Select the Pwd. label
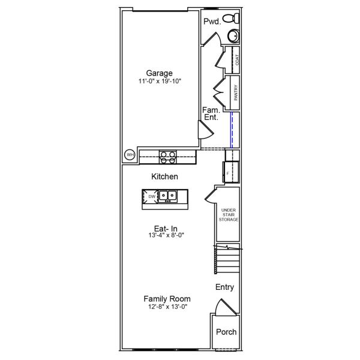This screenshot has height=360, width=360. (211, 22)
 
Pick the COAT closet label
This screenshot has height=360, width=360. (238, 59)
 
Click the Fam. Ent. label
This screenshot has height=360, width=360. (210, 114)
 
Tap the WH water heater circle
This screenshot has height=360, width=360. (130, 155)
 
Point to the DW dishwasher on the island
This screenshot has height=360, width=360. (152, 196)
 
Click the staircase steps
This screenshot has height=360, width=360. (227, 260)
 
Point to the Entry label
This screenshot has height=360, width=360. (224, 287)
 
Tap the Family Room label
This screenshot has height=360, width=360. (167, 299)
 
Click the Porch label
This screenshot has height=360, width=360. (226, 332)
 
